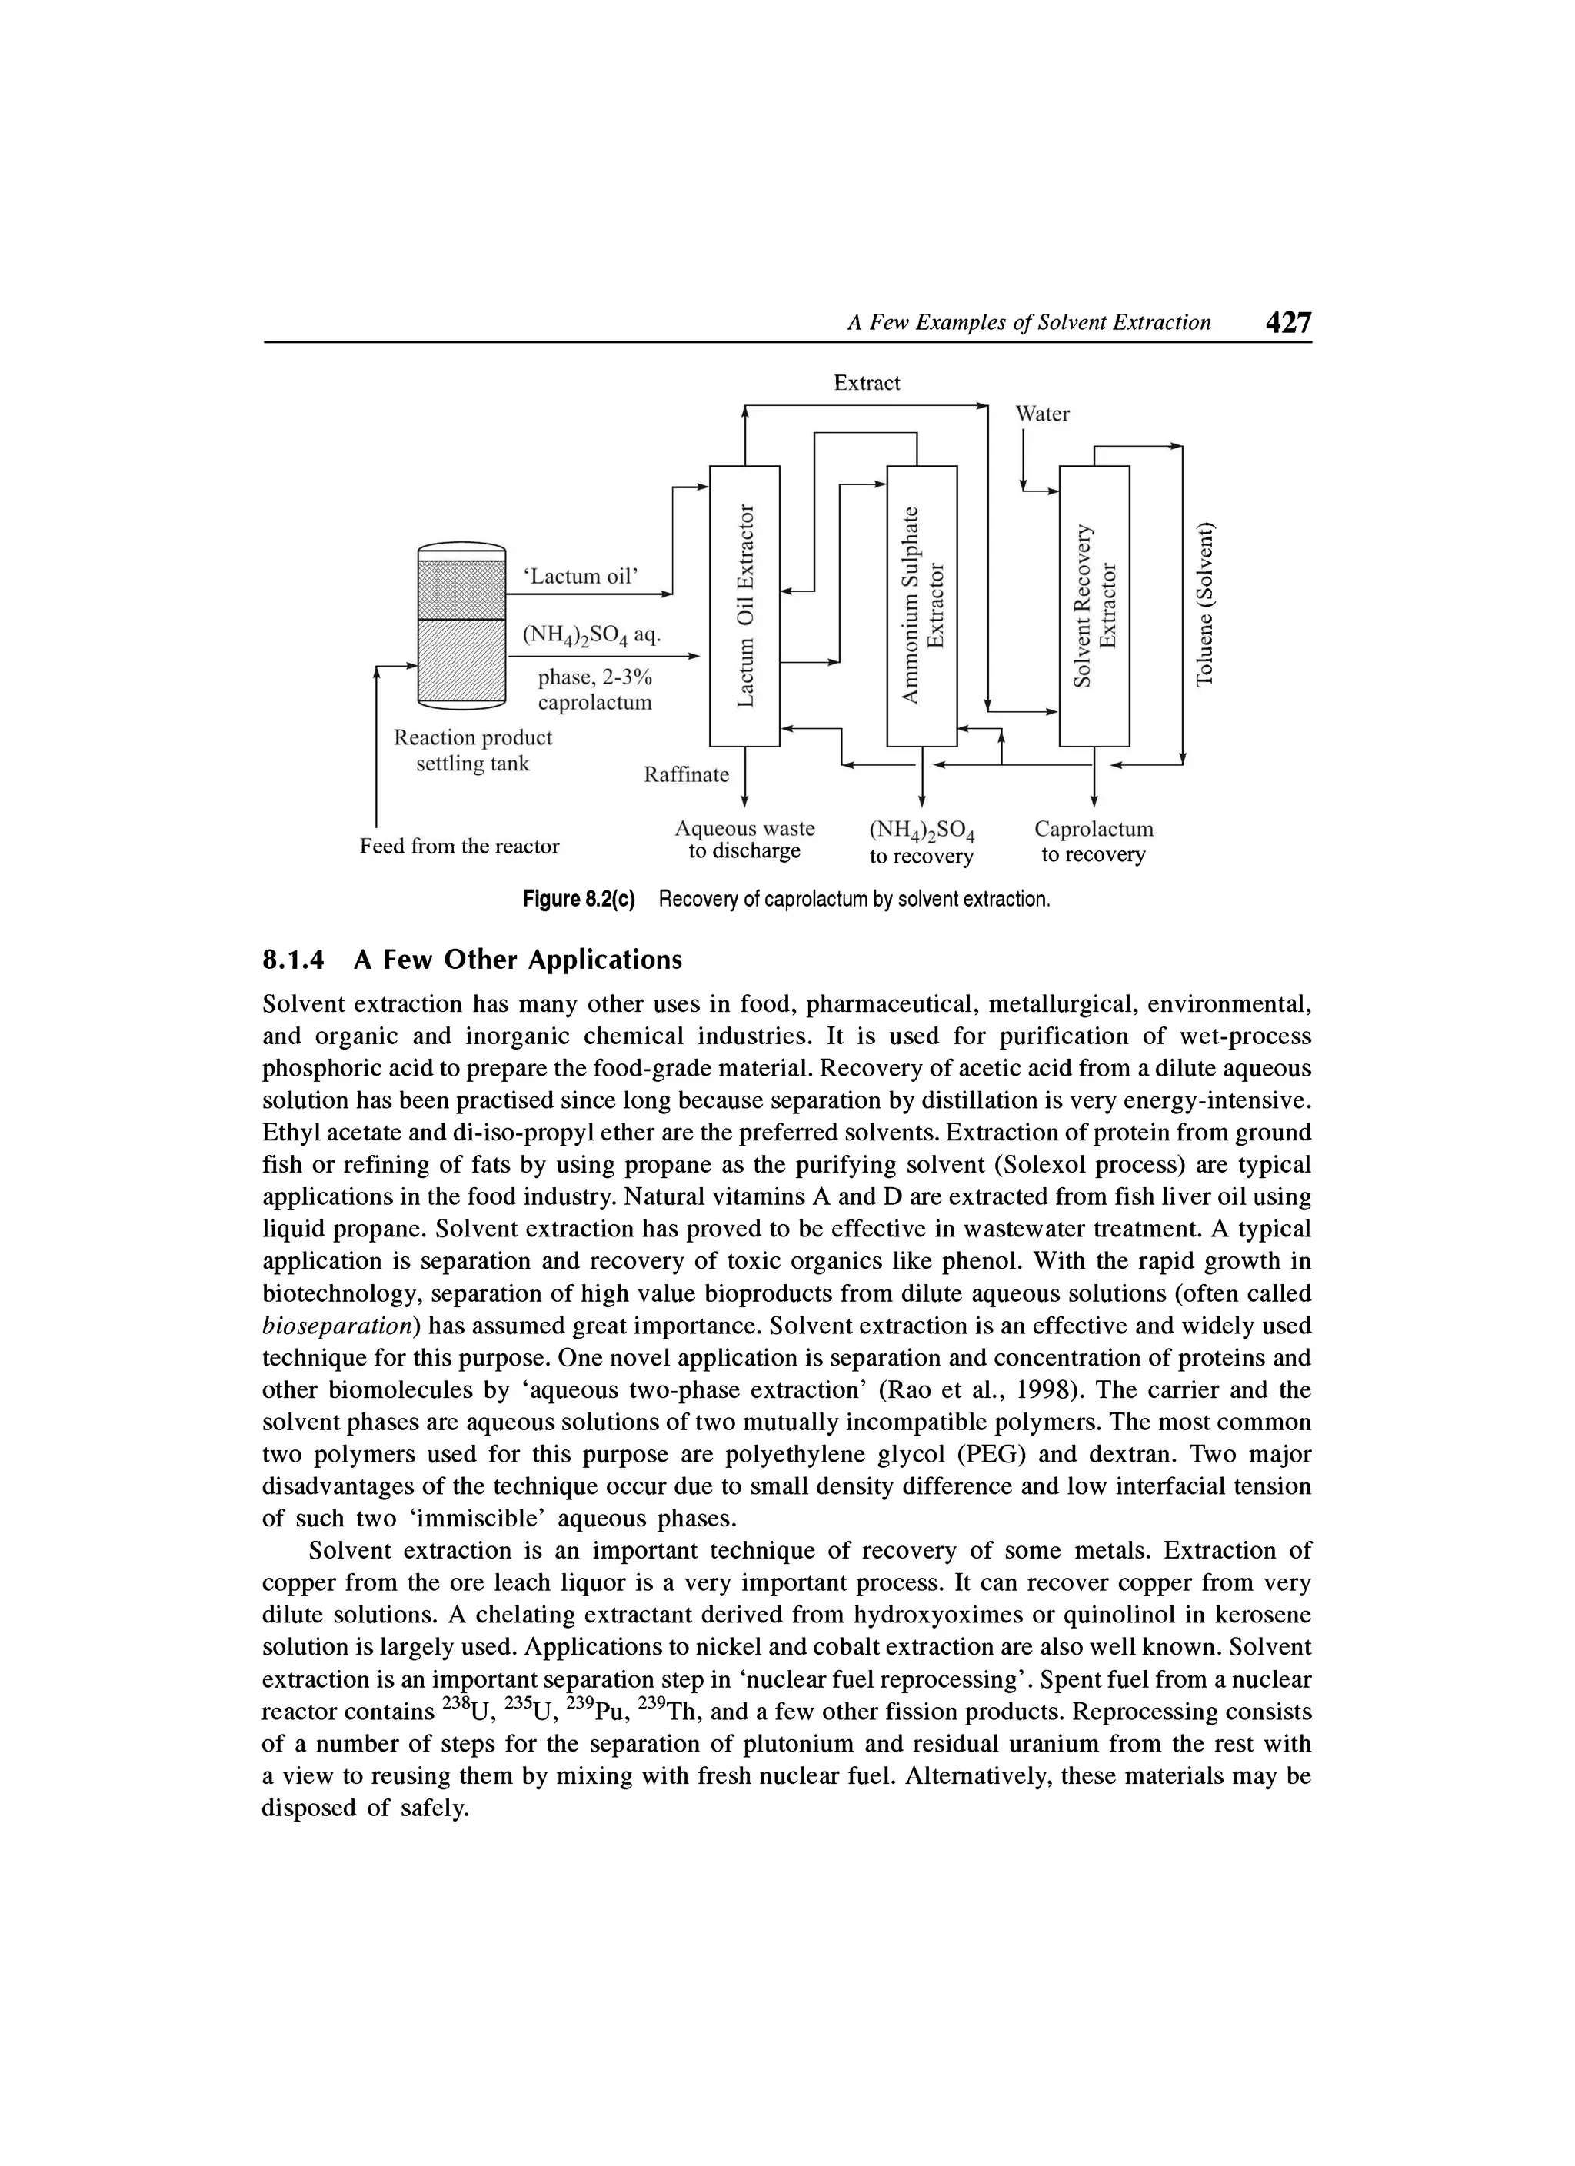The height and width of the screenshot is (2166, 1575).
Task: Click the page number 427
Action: point(1287,323)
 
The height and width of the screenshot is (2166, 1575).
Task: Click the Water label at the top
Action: point(1042,414)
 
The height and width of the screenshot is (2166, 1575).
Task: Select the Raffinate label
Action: point(686,774)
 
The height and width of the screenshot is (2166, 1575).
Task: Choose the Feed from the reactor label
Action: point(459,846)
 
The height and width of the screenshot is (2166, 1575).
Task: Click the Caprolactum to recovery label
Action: point(1094,841)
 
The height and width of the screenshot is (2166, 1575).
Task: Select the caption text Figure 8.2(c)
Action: point(579,900)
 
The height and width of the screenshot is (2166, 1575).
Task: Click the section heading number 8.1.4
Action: point(293,960)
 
